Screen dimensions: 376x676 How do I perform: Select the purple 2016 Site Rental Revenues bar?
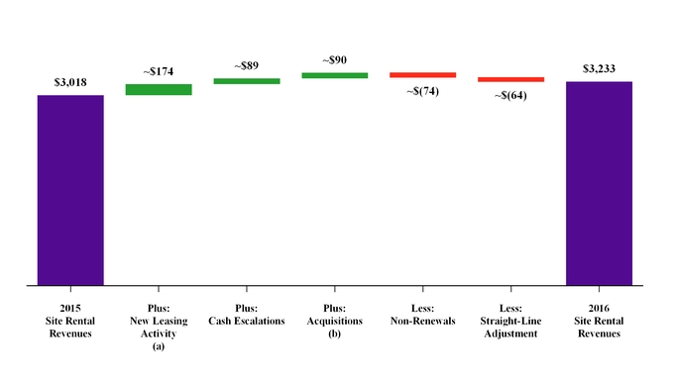(x=599, y=183)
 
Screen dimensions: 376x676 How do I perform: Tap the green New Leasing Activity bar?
(x=159, y=90)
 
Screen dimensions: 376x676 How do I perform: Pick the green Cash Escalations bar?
(x=247, y=81)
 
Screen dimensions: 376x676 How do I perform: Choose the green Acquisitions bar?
(x=335, y=75)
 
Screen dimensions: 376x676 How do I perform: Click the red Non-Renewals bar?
(x=422, y=74)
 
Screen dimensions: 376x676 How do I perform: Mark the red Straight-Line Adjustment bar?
(x=510, y=79)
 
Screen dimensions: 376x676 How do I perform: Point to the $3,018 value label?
(x=70, y=83)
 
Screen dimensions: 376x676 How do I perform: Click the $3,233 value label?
(x=599, y=69)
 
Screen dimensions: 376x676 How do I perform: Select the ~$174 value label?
(x=159, y=72)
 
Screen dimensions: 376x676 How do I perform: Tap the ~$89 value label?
(x=247, y=65)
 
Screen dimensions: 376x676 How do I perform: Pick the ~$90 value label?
(x=335, y=59)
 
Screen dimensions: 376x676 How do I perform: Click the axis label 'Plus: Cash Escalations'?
(x=247, y=315)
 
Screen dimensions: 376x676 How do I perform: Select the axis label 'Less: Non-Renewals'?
(x=422, y=315)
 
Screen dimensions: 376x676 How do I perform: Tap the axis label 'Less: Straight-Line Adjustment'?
(x=510, y=321)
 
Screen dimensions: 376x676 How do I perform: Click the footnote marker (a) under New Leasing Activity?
(x=159, y=346)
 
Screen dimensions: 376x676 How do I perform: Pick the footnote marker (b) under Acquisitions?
(x=335, y=333)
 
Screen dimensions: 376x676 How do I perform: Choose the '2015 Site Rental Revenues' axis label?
(x=70, y=321)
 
